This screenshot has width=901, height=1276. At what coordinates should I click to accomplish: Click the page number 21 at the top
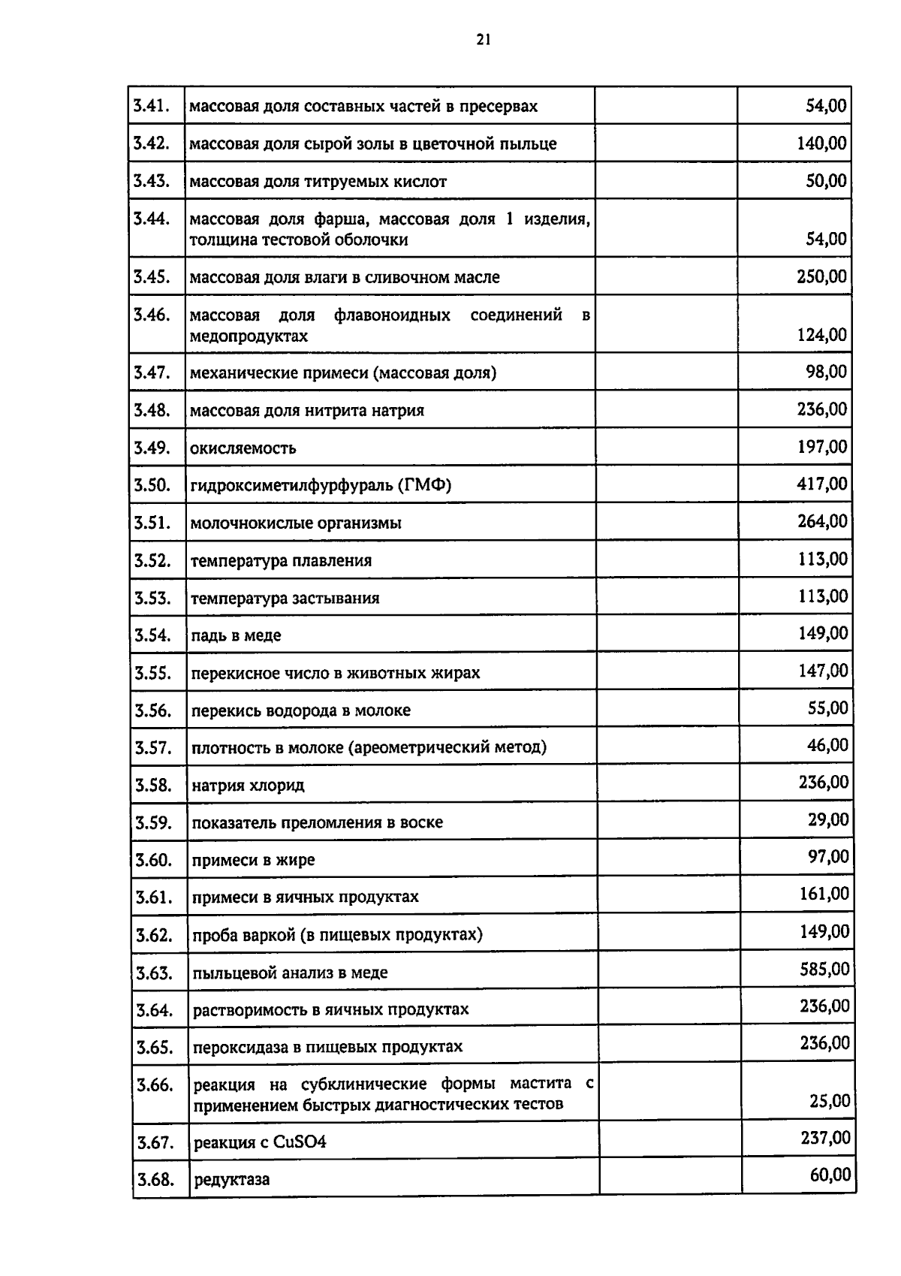tap(483, 41)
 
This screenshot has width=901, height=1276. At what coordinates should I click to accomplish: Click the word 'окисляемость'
tap(243, 448)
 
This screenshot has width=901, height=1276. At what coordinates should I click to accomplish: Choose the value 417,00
tap(822, 484)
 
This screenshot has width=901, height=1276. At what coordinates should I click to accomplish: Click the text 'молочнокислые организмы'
tap(296, 523)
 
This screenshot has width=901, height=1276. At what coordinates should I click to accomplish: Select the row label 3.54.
tap(152, 635)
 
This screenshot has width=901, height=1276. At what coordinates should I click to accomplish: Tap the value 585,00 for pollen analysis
tap(824, 969)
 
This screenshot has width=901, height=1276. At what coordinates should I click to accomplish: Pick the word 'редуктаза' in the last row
tap(231, 1180)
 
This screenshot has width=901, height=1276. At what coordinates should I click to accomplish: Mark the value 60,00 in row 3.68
tap(830, 1175)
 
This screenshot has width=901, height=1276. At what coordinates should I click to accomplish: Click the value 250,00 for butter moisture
tap(821, 276)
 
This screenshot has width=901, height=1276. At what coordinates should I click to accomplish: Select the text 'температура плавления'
tap(281, 560)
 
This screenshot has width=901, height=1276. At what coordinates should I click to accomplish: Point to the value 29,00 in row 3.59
tap(828, 819)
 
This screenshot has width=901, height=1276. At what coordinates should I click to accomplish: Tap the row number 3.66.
tap(155, 1085)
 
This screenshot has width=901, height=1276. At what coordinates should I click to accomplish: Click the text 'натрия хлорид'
tap(248, 786)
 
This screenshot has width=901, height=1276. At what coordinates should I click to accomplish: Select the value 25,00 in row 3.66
tap(830, 1101)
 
